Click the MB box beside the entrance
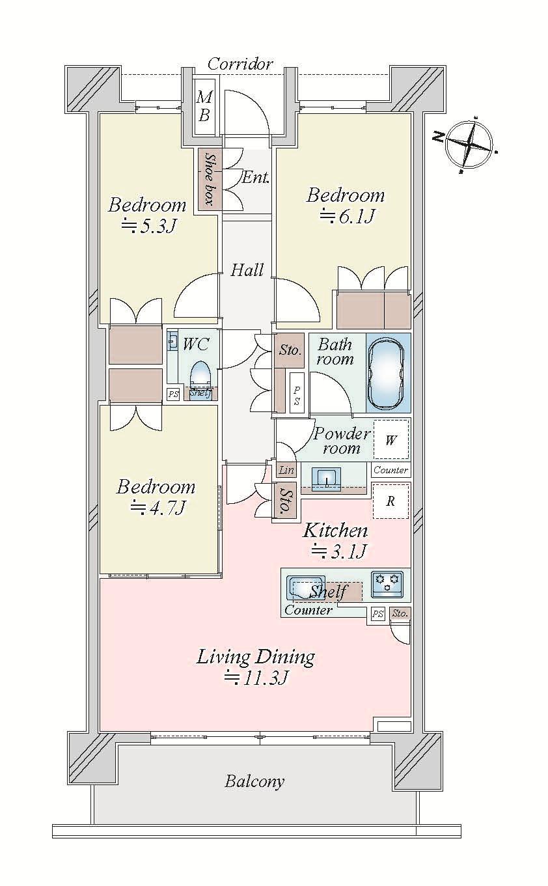pos(205,106)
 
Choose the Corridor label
pos(240,64)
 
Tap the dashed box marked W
pos(390,439)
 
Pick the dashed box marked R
pos(390,501)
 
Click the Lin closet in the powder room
pos(286,470)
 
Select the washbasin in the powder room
pos(326,479)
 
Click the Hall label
pos(247,270)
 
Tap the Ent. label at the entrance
pos(255,177)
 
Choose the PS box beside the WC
pos(173,395)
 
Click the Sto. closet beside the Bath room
pos(290,350)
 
